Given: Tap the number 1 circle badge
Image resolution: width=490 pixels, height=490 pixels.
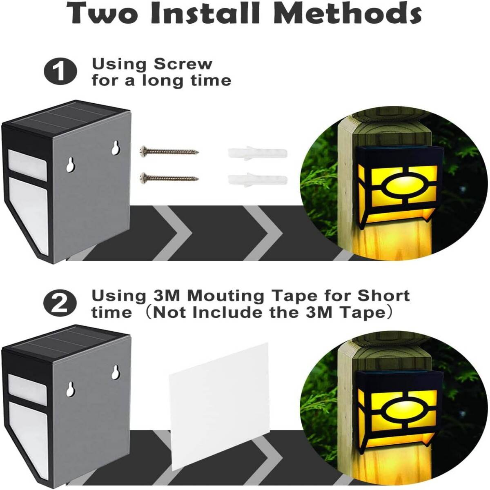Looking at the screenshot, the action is pyautogui.click(x=60, y=71).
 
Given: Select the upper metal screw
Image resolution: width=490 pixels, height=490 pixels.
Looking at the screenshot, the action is pyautogui.click(x=169, y=152).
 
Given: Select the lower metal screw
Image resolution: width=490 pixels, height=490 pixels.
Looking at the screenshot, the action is pyautogui.click(x=169, y=178).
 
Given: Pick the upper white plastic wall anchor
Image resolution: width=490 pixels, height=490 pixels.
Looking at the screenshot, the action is pyautogui.click(x=258, y=154).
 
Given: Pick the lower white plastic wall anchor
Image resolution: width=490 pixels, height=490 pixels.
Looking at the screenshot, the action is pyautogui.click(x=258, y=180).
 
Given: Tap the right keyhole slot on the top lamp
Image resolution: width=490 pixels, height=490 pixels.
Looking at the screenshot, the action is pyautogui.click(x=116, y=147).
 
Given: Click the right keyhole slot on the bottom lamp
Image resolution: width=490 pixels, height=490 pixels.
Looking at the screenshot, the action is pyautogui.click(x=116, y=373).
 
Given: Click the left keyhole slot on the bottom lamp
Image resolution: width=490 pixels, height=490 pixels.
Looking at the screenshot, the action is pyautogui.click(x=70, y=389).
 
